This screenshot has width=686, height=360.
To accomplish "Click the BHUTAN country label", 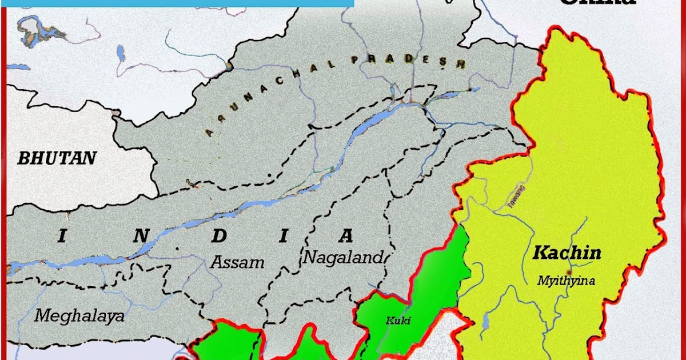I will (57, 158).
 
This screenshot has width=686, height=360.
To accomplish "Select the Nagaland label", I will (342, 257).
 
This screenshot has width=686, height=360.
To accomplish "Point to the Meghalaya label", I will (79, 315).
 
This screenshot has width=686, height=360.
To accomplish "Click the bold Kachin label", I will (567, 253).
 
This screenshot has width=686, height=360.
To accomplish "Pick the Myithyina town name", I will (567, 281).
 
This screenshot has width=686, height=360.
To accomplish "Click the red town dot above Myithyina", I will (568, 271).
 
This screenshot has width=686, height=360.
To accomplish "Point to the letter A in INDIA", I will (345, 235).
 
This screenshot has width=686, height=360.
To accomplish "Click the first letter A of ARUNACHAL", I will (208, 134).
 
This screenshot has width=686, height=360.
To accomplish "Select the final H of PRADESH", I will (461, 64).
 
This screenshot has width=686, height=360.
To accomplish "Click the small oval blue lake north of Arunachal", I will (121, 53).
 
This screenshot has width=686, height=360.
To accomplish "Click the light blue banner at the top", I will (177, 3).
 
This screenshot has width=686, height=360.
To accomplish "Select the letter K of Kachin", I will (539, 253).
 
